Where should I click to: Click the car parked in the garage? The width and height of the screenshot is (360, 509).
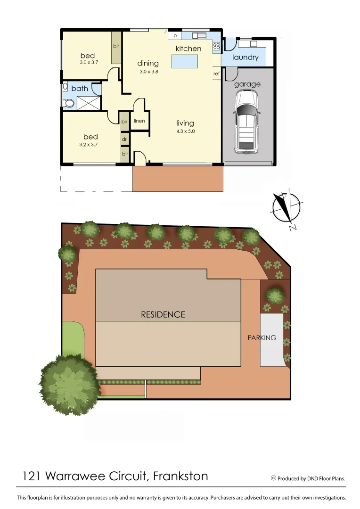(x=247, y=121)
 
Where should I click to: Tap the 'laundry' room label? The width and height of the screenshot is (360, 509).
(x=245, y=57)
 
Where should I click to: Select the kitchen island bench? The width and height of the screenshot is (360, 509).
(x=184, y=61)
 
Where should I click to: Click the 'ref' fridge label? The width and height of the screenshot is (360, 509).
(x=216, y=74)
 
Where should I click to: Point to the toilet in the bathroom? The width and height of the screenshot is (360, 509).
(x=68, y=104)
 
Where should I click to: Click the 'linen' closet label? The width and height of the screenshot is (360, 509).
(x=139, y=121)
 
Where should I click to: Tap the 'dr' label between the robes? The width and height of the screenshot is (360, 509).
(x=125, y=139)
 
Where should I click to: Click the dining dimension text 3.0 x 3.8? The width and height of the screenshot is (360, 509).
(x=148, y=72)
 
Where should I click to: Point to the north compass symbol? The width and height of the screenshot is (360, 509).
(x=287, y=209)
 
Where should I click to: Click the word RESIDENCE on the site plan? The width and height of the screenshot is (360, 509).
(x=163, y=314)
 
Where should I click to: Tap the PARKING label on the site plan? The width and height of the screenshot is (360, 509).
(x=262, y=338)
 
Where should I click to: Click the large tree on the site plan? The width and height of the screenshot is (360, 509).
(x=70, y=378)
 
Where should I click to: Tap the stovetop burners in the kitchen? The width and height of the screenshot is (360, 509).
(x=216, y=46)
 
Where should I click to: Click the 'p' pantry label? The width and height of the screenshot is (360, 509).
(x=174, y=36)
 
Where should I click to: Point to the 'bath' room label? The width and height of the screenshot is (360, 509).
(x=80, y=88)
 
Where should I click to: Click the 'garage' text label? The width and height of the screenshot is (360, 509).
(x=247, y=84)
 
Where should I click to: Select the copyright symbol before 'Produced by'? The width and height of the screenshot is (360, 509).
(x=273, y=478)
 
